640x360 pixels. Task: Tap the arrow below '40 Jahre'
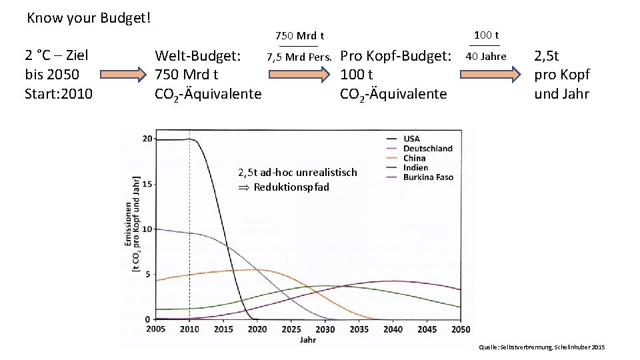tap(491, 73)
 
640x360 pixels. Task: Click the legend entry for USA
tap(411, 139)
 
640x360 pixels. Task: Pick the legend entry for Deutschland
tap(427, 148)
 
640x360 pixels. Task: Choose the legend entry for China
tap(414, 158)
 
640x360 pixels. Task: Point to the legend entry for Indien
tap(415, 167)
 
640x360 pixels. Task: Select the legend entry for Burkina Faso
tap(427, 177)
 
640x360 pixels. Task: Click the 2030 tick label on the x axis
tap(325, 329)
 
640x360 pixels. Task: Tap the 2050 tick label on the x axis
tap(460, 329)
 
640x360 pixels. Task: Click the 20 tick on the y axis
tap(148, 139)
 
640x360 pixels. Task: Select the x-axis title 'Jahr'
tap(308, 340)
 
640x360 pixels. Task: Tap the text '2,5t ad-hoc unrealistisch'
tap(297, 172)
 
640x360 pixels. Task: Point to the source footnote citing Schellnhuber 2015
tap(541, 348)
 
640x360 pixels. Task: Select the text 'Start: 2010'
tap(58, 93)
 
